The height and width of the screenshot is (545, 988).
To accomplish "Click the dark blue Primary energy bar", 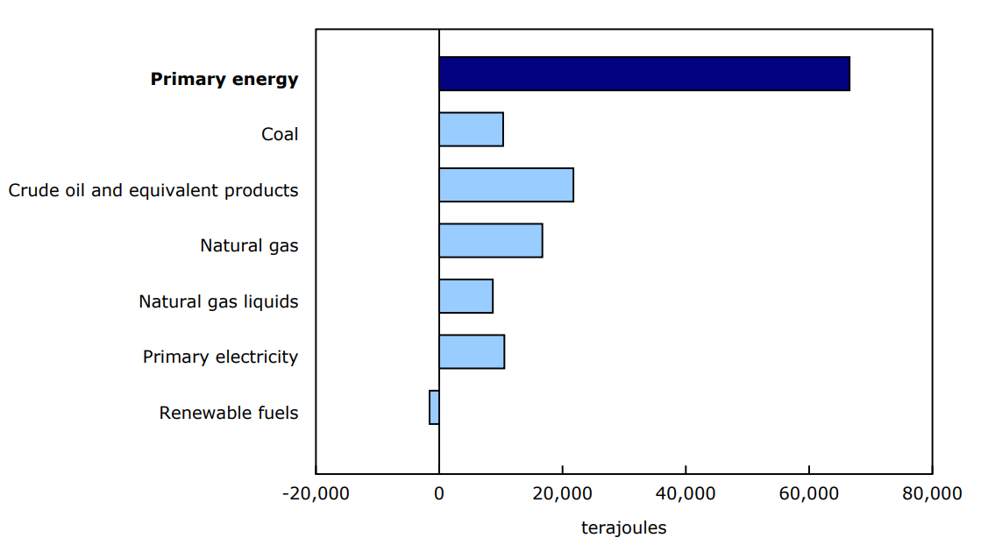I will tap(644, 74).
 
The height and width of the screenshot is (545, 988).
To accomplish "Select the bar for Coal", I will tap(471, 130).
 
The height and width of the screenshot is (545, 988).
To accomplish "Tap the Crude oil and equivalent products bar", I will tap(506, 185).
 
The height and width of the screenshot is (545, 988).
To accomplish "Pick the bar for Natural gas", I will tap(490, 240).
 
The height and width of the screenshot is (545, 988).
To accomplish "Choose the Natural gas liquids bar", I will tap(466, 296).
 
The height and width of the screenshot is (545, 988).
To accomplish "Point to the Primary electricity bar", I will tap(472, 351).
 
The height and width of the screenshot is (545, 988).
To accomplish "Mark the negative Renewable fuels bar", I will tap(434, 407).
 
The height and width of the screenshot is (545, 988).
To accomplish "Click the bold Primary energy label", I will tap(224, 79).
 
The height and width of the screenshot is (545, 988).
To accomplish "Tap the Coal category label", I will tap(280, 134).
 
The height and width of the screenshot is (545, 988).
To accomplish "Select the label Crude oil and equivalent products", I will tap(153, 190).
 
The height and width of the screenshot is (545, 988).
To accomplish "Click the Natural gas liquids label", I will tap(218, 301).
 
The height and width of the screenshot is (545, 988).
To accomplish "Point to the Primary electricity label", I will tap(220, 357).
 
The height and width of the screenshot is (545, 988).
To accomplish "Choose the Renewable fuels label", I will tap(229, 413).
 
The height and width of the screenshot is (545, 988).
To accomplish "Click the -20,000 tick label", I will tap(316, 493).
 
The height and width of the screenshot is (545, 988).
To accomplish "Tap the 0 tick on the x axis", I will tap(439, 493).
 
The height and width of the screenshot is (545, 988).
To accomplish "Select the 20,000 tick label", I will tap(562, 493).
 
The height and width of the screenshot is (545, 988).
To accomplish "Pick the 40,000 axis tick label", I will tap(686, 493).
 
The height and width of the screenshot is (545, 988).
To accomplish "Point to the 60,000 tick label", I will tap(808, 493).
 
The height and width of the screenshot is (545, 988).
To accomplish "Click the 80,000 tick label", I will tap(932, 493).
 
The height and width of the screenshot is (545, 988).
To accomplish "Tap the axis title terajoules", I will tap(623, 527).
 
